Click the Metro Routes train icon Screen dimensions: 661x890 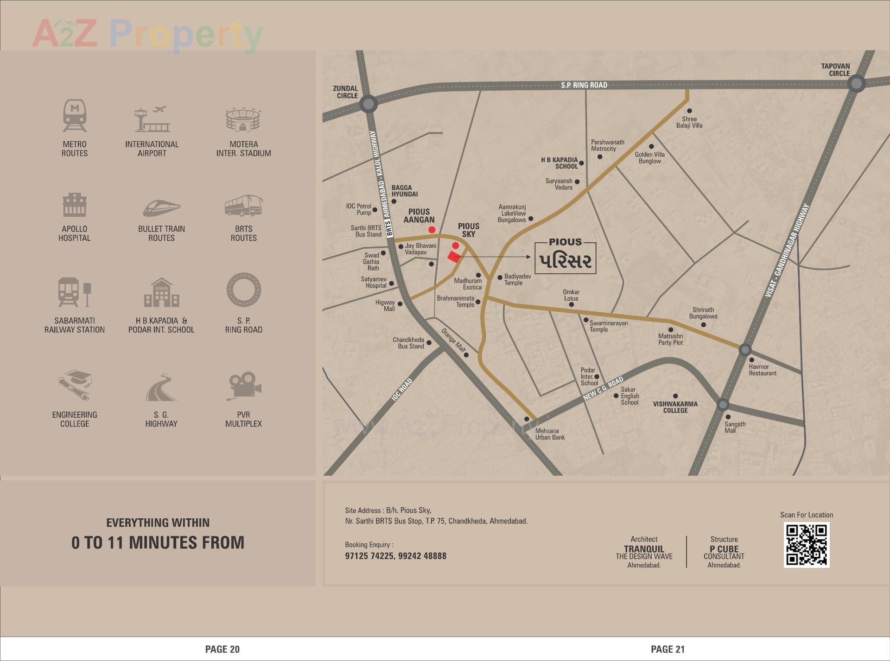75,115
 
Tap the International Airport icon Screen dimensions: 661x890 152,119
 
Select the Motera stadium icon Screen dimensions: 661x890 243,120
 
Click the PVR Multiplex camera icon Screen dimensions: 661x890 244,386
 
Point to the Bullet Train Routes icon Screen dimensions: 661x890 161,208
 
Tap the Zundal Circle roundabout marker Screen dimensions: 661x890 369,104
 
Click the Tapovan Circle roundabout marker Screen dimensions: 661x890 856,84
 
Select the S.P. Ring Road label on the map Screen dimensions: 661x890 584,85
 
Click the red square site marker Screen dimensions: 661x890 453,257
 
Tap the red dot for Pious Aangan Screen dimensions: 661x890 432,230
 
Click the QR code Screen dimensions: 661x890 807,545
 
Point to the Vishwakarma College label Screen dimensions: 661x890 675,407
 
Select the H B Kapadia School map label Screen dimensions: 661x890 559,163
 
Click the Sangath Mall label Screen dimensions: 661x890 735,427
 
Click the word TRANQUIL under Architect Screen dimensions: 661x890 644,549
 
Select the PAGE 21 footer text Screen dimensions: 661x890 667,649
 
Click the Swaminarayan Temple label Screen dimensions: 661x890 608,326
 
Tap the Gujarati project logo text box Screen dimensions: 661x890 566,257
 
